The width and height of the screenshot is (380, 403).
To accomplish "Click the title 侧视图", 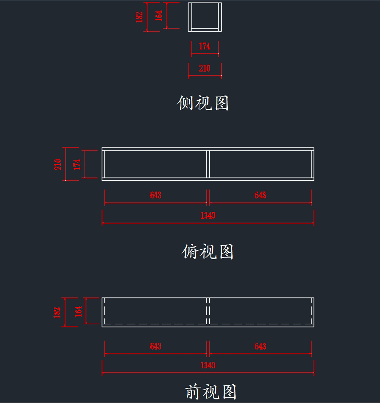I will (x=203, y=103).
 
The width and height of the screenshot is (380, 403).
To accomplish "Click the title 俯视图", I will (x=208, y=252).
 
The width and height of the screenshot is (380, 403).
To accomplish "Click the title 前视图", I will (x=211, y=392).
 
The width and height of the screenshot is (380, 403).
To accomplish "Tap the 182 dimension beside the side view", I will (x=139, y=17).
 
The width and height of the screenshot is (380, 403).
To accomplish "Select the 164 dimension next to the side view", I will (x=159, y=16).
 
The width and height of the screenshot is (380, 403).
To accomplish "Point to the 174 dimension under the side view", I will (x=205, y=46).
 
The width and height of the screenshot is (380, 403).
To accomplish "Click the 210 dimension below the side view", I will (x=205, y=68).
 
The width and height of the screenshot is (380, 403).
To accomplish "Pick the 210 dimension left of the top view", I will (x=58, y=164).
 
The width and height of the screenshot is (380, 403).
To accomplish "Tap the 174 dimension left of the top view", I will (x=77, y=164).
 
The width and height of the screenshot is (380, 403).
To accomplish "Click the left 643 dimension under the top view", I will (x=155, y=195).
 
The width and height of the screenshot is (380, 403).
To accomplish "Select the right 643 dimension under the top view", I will (x=260, y=195).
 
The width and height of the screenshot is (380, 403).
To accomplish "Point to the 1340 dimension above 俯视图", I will (x=208, y=216).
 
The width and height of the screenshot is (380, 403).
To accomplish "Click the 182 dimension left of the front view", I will (x=57, y=312).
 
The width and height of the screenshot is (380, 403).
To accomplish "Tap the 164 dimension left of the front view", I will (x=78, y=311).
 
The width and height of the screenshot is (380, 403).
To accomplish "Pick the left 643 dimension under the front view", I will (x=155, y=346).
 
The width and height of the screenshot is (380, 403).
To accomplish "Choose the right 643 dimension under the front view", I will (x=260, y=346).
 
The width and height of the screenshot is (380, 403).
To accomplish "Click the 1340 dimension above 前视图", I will (x=208, y=365).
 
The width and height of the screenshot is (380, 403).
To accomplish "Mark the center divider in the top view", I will (x=208, y=164).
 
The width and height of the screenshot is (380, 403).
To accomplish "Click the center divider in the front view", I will (x=208, y=311).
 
